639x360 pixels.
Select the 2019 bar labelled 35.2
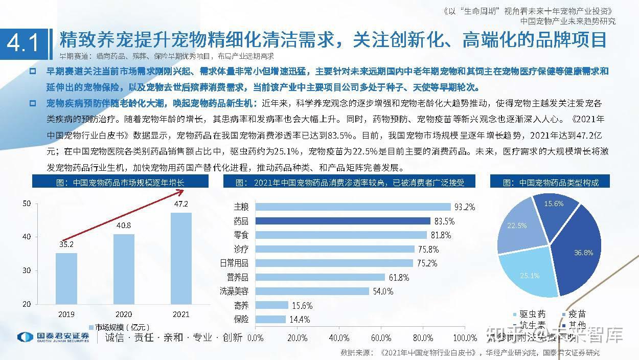tap(66, 278)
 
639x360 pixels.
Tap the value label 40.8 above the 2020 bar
tap(124, 225)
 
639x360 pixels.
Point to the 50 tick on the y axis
tap(27, 204)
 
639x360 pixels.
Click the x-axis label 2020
tap(124, 314)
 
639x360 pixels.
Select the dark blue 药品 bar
tap(343, 221)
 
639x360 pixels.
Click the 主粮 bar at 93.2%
tap(353, 207)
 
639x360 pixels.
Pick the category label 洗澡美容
tap(234, 291)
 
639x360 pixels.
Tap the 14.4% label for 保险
tap(300, 320)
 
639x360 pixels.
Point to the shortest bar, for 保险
tap(270, 319)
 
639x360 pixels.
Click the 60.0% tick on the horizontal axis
tap(381, 337)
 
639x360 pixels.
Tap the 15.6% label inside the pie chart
tap(554, 204)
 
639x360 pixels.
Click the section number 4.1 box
tap(24, 43)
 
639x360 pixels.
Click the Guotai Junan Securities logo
tap(53, 337)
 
